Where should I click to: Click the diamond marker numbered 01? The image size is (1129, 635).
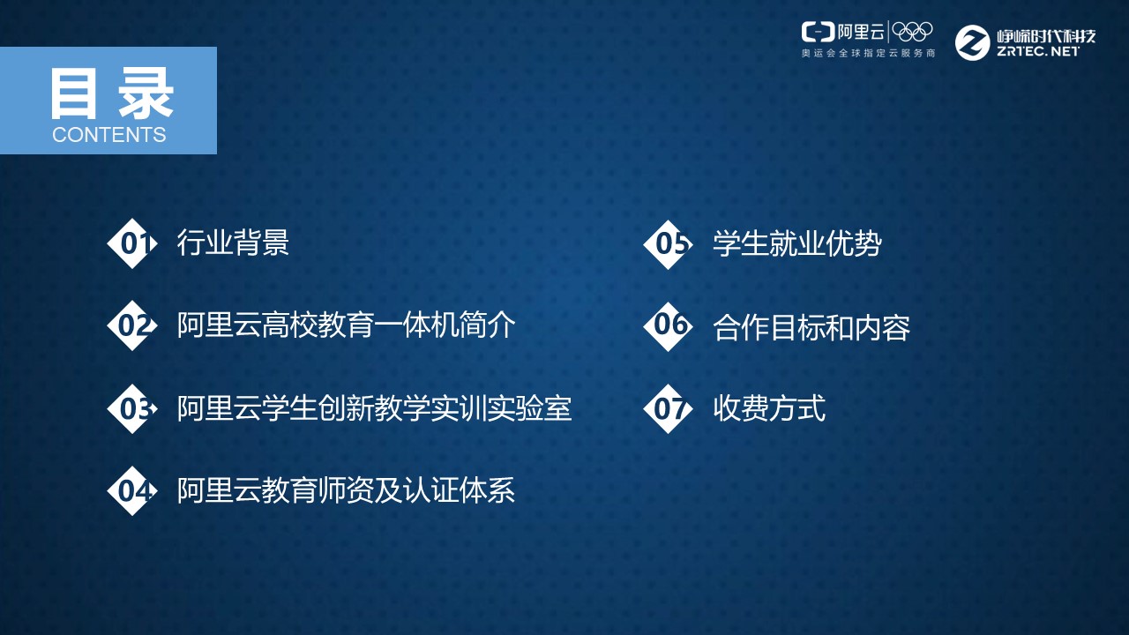pyautogui.click(x=132, y=243)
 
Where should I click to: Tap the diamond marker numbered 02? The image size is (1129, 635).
pyautogui.click(x=132, y=325)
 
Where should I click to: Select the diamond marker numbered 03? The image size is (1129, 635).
pyautogui.click(x=132, y=408)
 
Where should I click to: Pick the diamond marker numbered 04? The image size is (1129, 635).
pyautogui.click(x=132, y=490)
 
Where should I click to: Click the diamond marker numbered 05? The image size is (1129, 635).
pyautogui.click(x=669, y=244)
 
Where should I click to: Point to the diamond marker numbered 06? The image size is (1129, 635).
pyautogui.click(x=669, y=325)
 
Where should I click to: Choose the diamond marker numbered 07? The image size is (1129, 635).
pyautogui.click(x=669, y=408)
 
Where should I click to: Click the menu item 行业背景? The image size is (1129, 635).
pyautogui.click(x=233, y=243)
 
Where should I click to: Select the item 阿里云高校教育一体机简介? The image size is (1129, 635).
pyautogui.click(x=346, y=325)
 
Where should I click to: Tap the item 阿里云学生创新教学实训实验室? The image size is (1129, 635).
pyautogui.click(x=374, y=408)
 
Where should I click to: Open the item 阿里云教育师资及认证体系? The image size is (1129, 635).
pyautogui.click(x=346, y=490)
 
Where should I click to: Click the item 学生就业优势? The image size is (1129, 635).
pyautogui.click(x=796, y=244)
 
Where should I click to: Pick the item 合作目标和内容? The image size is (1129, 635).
pyautogui.click(x=811, y=327)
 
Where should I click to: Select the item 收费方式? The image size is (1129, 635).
pyautogui.click(x=768, y=408)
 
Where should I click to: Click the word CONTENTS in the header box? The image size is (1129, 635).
pyautogui.click(x=108, y=135)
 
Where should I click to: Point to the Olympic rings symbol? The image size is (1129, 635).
pyautogui.click(x=912, y=32)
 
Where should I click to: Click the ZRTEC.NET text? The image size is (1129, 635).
pyautogui.click(x=1037, y=52)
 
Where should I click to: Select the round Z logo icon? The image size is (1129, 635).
pyautogui.click(x=973, y=42)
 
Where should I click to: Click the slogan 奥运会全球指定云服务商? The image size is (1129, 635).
pyautogui.click(x=867, y=54)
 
